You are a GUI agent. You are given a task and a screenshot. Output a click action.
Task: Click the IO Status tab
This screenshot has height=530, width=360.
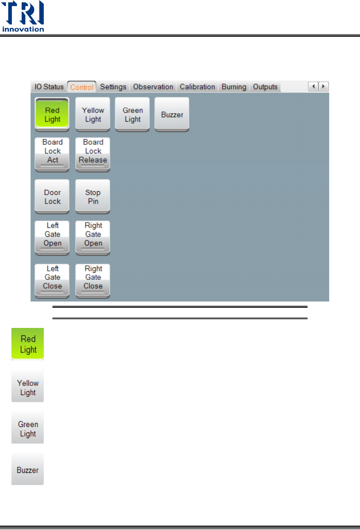[49, 87]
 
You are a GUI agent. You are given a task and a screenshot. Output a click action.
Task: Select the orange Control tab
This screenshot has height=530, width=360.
[82, 87]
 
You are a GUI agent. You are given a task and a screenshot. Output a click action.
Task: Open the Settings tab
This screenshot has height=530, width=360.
[113, 87]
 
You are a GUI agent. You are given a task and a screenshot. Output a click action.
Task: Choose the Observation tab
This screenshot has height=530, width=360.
[153, 87]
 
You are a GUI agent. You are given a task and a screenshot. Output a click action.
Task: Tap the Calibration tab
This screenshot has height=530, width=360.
[197, 87]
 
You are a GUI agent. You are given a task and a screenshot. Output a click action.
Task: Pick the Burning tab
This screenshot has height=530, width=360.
[234, 87]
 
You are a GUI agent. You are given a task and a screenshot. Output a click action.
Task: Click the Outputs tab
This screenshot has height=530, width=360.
[265, 87]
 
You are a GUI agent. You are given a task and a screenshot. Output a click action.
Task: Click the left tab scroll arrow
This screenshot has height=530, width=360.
[313, 87]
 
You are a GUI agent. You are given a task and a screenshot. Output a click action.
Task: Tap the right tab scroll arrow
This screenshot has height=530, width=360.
[324, 87]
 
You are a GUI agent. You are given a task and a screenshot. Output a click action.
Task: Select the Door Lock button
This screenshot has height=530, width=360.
[52, 197]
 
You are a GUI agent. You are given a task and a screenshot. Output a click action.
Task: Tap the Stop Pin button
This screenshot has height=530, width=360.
[93, 197]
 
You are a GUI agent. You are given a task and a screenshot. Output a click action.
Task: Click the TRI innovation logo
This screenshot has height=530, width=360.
[23, 17]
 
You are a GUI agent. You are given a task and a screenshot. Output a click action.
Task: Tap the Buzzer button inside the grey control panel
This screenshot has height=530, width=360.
[172, 114]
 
